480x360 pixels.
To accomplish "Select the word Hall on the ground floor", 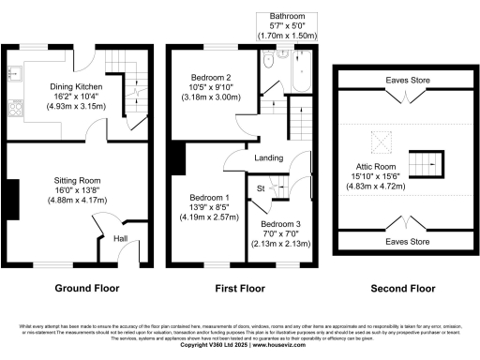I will [x=120, y=239].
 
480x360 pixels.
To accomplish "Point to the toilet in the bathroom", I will [x=269, y=60].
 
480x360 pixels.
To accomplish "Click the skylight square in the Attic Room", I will [x=381, y=142].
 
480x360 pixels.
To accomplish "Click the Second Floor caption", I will [x=403, y=289].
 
